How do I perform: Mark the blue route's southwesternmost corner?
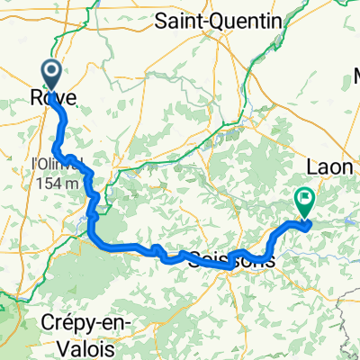(92, 236)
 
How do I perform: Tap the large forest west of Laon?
(261, 171)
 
